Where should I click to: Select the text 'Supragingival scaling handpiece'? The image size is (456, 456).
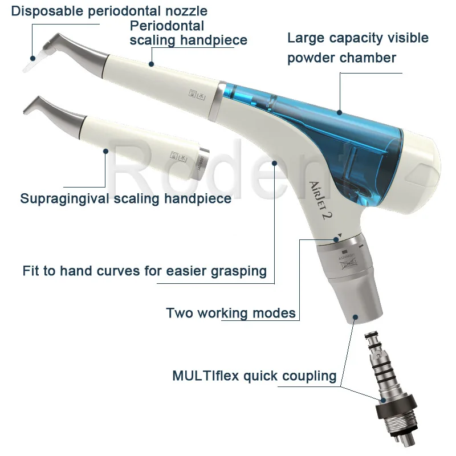pyautogui.click(x=125, y=198)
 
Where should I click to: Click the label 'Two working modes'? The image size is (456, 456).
pyautogui.click(x=230, y=313)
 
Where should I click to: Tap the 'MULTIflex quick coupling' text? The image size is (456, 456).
pyautogui.click(x=254, y=376)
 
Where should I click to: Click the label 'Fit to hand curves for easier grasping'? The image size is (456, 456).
pyautogui.click(x=145, y=270)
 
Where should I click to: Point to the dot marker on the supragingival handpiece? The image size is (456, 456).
pyautogui.click(x=105, y=151)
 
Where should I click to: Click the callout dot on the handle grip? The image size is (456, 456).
pyautogui.click(x=275, y=164)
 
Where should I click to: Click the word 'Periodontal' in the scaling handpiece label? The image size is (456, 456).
pyautogui.click(x=166, y=26)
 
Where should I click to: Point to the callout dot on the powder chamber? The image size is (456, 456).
pyautogui.click(x=340, y=112)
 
